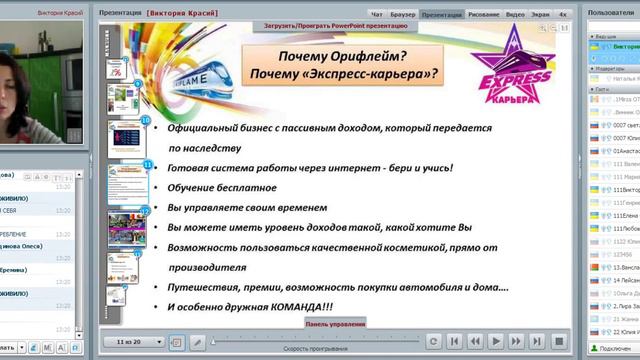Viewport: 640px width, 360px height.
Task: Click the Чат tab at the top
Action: (x=377, y=16)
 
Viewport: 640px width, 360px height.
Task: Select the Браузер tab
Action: (x=403, y=16)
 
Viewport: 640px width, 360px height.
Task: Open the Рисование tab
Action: (x=483, y=16)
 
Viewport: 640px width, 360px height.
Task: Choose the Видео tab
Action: (x=515, y=16)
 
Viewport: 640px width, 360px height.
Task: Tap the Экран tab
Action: (x=540, y=16)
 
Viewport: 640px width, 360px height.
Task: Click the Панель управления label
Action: (x=334, y=324)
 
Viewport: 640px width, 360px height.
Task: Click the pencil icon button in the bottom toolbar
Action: (x=198, y=342)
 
